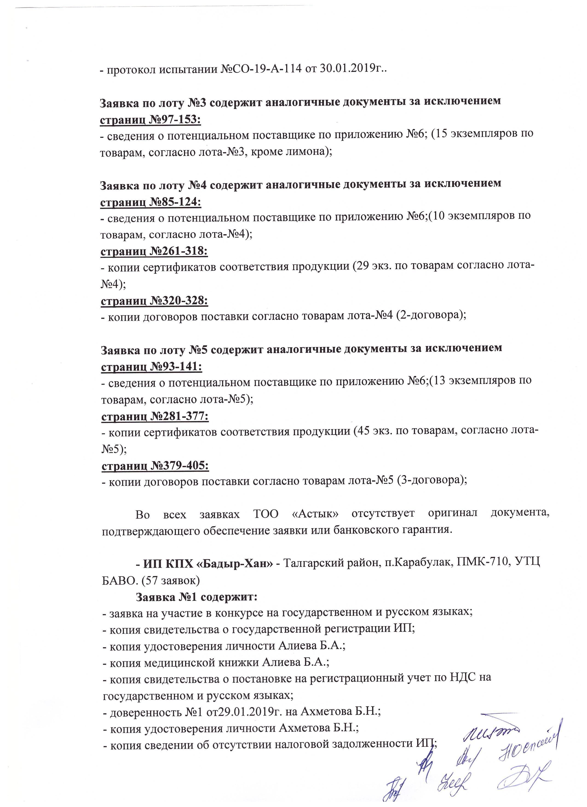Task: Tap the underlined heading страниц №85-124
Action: tap(150, 202)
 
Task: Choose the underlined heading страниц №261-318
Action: tap(154, 251)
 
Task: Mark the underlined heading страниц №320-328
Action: tap(154, 301)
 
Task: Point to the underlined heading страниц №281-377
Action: tap(155, 416)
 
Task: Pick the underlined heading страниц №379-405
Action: tap(155, 465)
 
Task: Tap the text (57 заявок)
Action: tap(170, 581)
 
